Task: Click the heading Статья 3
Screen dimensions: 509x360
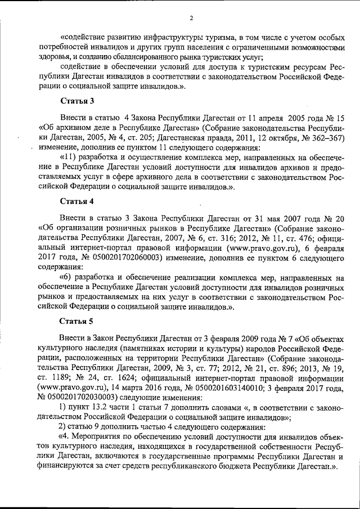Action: click(76, 101)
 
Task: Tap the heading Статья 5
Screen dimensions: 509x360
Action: click(76, 322)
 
